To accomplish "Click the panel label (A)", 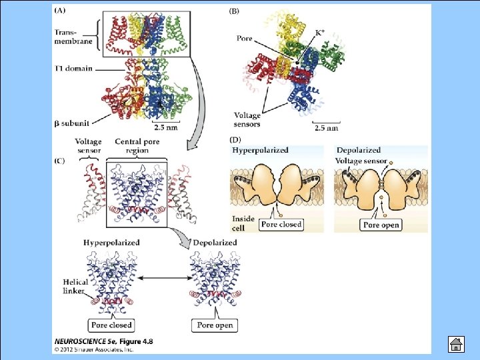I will coord(59,11).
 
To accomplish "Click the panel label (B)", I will coord(235,11).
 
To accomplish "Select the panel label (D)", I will coord(235,139).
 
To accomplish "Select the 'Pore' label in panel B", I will coord(245,38).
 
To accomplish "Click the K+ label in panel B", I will coord(321,33).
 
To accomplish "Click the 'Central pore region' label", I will coord(136,146).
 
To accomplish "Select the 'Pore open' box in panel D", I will coord(381,225).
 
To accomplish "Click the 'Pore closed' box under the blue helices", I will coord(111,325).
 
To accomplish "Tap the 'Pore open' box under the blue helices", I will coord(215,325).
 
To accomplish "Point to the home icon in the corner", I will coord(455,345).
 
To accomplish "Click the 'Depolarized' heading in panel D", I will coord(359,150).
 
